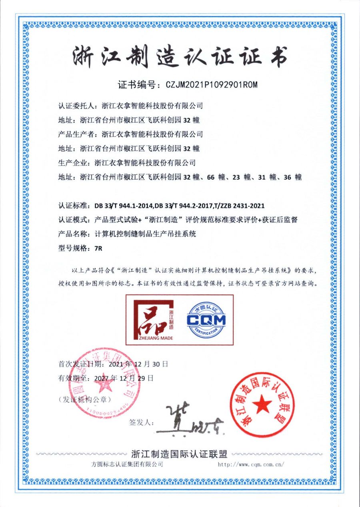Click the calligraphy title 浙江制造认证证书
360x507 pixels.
[x=180, y=57]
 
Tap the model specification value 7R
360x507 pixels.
[x=98, y=248]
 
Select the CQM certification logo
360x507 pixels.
[x=206, y=319]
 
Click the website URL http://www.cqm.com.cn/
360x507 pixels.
[x=251, y=465]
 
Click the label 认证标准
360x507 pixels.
[x=74, y=206]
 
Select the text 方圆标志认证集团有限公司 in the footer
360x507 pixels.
[x=127, y=465]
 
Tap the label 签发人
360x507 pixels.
[x=140, y=423]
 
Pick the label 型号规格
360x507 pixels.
[x=74, y=248]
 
